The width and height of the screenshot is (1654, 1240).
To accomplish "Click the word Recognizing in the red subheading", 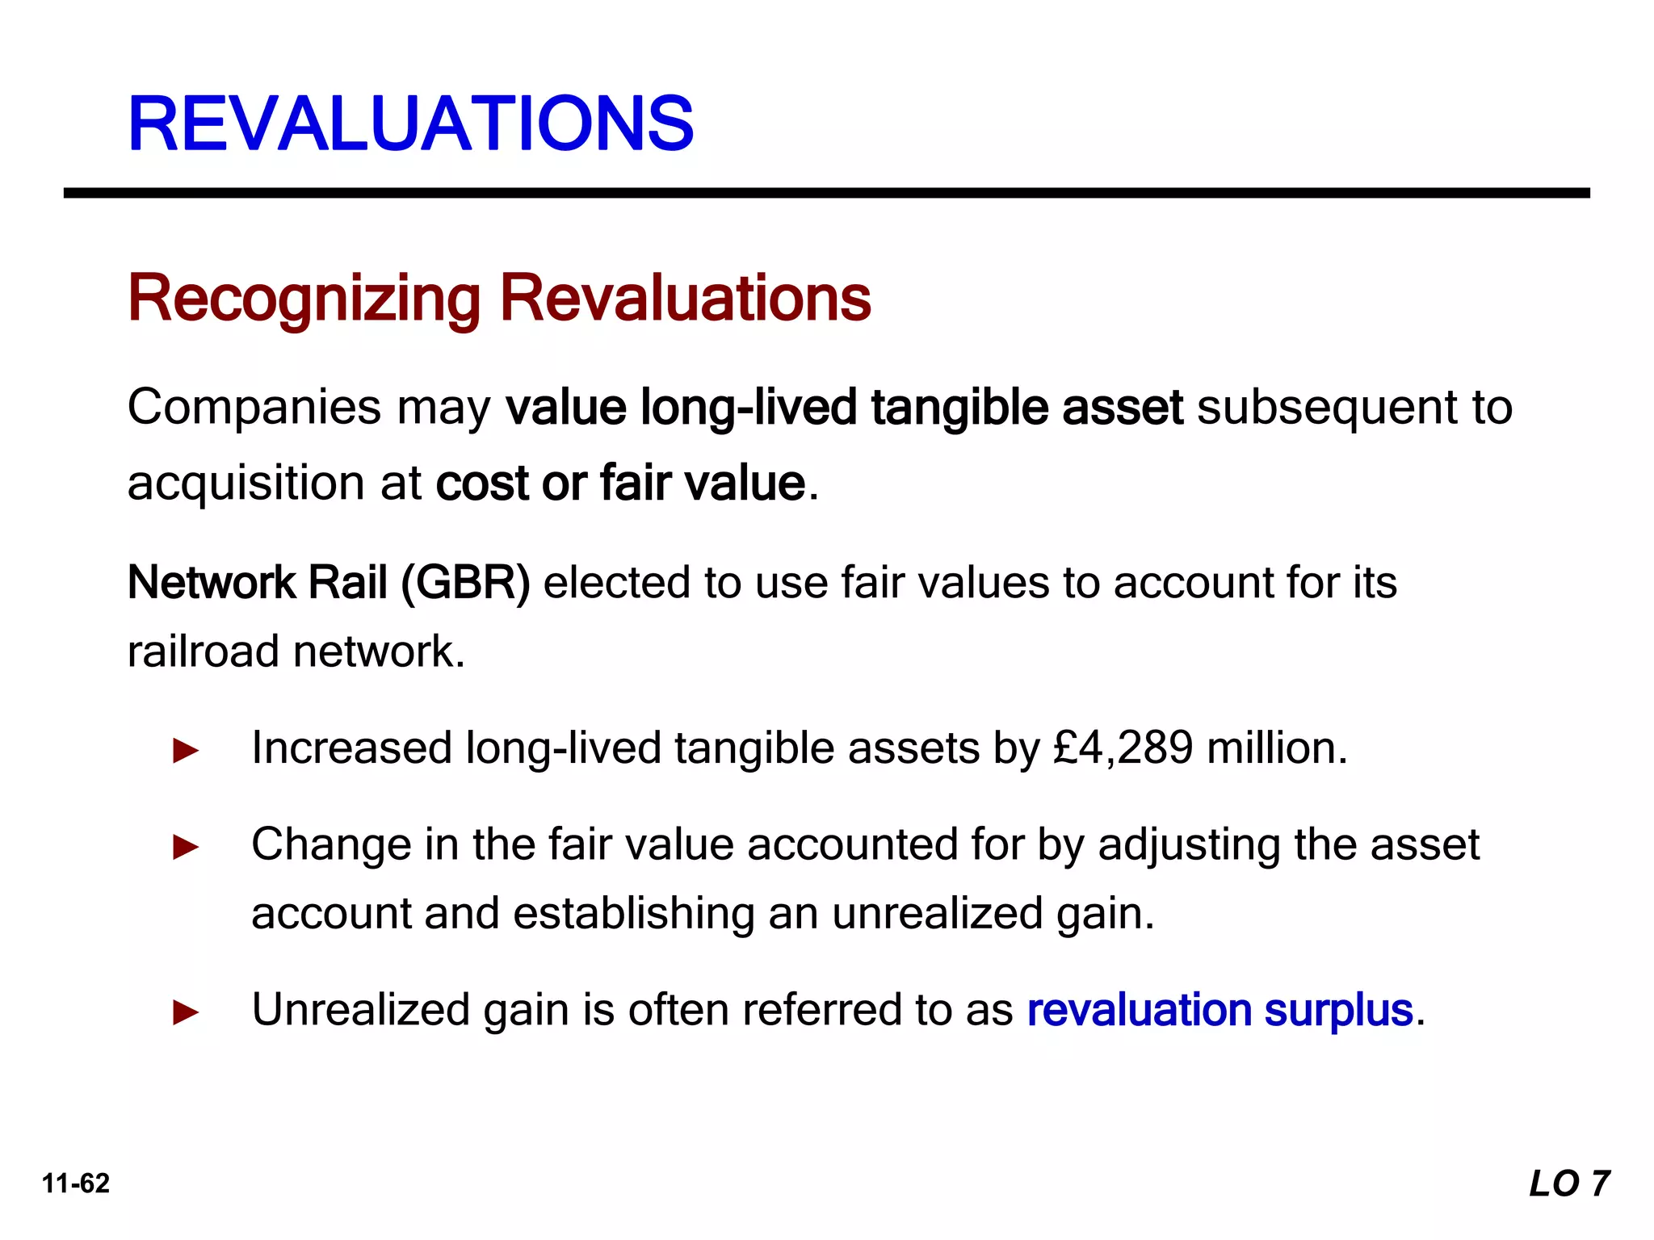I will pyautogui.click(x=304, y=299).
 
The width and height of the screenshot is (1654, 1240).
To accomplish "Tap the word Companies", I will pyautogui.click(x=254, y=407).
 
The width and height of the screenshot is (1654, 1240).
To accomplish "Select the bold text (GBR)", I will pyautogui.click(x=466, y=583).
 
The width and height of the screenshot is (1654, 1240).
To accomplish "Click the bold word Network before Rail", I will pyautogui.click(x=212, y=583).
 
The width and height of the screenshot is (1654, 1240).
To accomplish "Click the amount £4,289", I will pyautogui.click(x=1123, y=748).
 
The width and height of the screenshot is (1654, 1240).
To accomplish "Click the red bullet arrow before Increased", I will pyautogui.click(x=186, y=751).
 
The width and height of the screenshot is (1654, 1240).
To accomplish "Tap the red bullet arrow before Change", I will pyautogui.click(x=186, y=848).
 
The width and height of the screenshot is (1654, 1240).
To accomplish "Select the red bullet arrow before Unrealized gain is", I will pyautogui.click(x=186, y=1012).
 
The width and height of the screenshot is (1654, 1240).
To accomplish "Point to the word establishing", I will pyautogui.click(x=634, y=914).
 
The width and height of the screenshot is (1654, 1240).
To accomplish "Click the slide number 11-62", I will pyautogui.click(x=76, y=1183).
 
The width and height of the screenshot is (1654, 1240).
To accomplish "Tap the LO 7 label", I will pyautogui.click(x=1569, y=1183).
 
